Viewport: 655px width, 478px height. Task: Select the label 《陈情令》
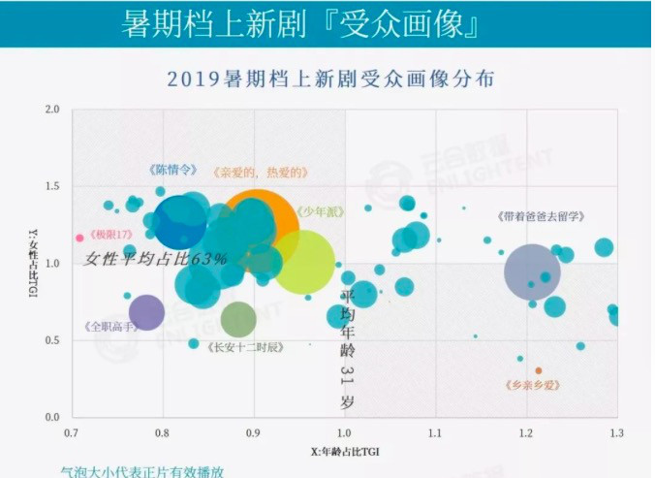(x=172, y=169)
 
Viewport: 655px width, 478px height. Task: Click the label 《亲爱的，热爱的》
(x=260, y=173)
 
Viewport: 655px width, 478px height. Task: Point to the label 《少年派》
(x=318, y=210)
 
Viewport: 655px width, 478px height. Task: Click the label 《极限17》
(x=108, y=236)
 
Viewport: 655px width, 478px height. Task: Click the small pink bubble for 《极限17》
(x=79, y=237)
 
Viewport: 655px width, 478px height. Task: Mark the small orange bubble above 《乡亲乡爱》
(x=539, y=370)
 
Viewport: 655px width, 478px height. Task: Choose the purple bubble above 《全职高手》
(x=146, y=312)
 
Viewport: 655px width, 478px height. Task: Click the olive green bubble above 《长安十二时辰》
(x=238, y=318)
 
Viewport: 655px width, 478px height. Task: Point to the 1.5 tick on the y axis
(x=54, y=186)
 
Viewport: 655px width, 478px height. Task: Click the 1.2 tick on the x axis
(x=527, y=431)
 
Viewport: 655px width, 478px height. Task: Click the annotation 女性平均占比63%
(x=156, y=260)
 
